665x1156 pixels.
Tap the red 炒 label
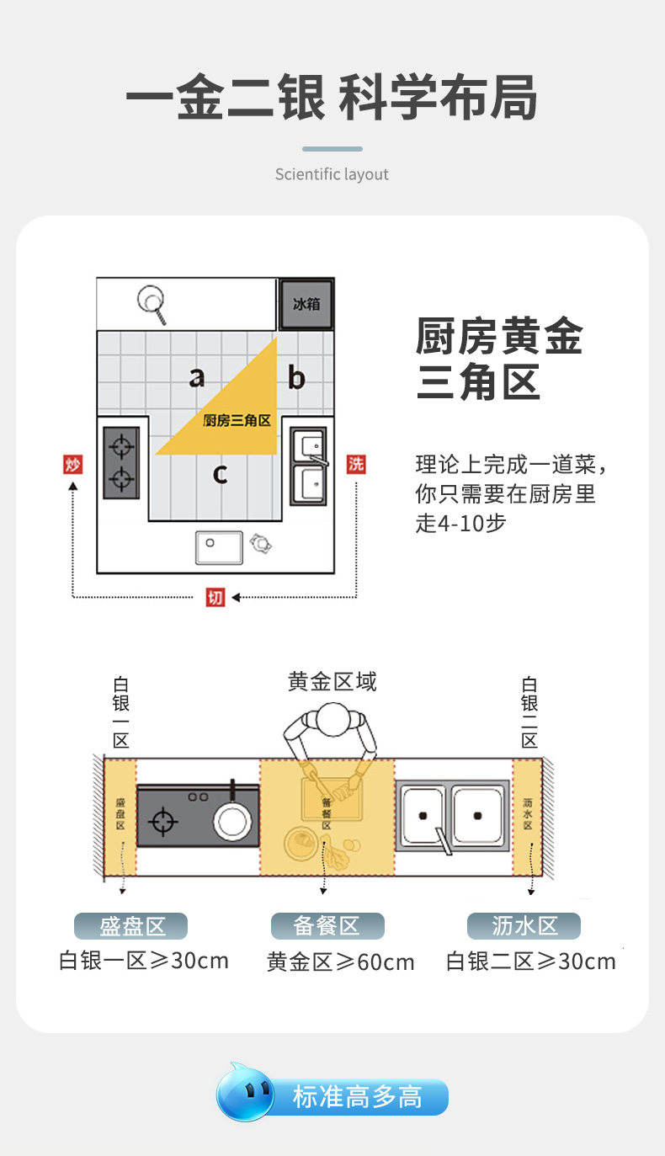click(x=73, y=464)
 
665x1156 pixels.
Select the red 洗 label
click(x=356, y=464)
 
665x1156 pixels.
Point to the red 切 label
click(x=215, y=598)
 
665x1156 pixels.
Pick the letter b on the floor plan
click(x=296, y=377)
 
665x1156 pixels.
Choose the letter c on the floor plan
click(x=220, y=474)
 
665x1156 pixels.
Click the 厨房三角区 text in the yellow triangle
click(x=237, y=420)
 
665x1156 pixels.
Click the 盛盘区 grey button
click(x=131, y=926)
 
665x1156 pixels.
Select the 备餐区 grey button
click(x=327, y=926)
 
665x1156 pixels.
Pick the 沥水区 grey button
click(x=524, y=926)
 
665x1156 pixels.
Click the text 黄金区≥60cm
click(x=341, y=962)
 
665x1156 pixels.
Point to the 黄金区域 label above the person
click(x=332, y=681)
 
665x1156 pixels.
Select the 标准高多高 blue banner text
click(x=358, y=1097)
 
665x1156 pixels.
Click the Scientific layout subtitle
click(x=332, y=174)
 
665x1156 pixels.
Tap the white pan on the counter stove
click(x=232, y=820)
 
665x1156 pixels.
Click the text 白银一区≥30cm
click(x=144, y=961)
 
